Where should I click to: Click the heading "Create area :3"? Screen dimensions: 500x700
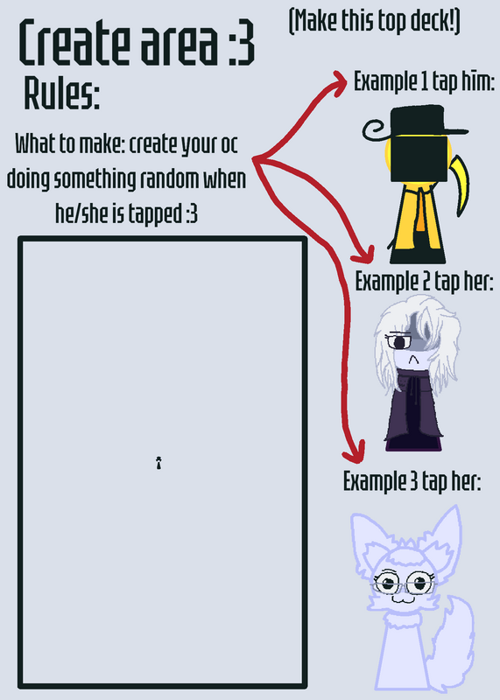click(x=137, y=43)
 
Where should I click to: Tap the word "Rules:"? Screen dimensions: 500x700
click(x=61, y=94)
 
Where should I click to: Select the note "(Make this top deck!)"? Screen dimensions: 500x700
click(x=375, y=21)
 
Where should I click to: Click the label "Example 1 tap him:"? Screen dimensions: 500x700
click(x=424, y=81)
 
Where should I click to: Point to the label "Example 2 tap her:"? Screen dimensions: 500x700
click(x=424, y=282)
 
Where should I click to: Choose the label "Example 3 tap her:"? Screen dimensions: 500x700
click(x=412, y=481)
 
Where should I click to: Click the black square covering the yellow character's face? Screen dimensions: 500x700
click(x=419, y=159)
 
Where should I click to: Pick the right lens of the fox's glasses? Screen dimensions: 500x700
click(x=420, y=583)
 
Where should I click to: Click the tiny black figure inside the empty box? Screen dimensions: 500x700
click(x=158, y=463)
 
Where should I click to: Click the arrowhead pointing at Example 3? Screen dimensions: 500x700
click(x=354, y=452)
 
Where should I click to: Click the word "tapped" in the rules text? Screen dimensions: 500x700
click(x=155, y=214)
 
